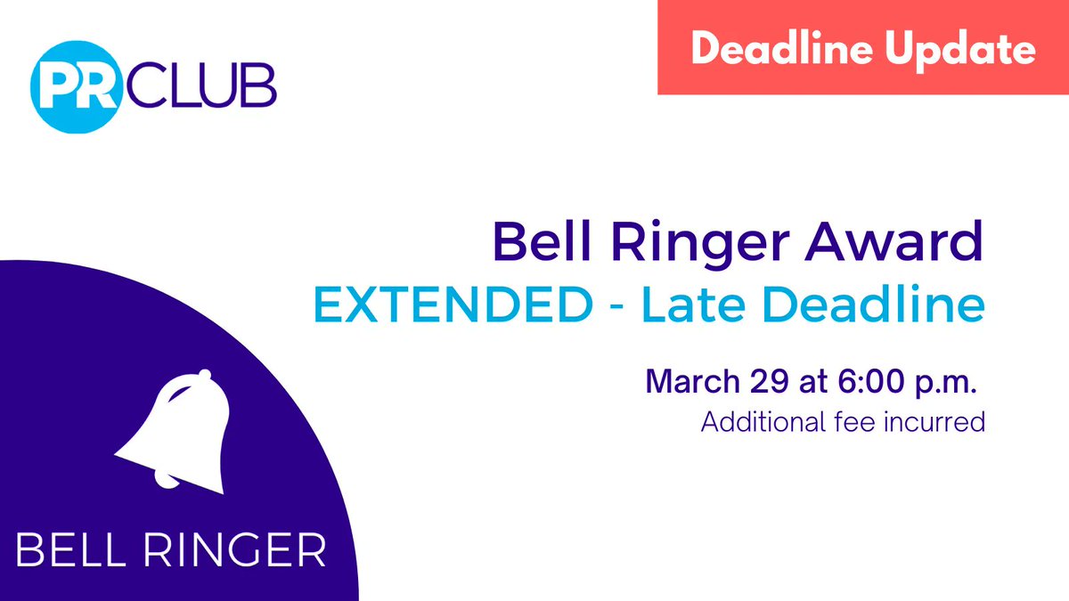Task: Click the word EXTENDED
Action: point(449,306)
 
